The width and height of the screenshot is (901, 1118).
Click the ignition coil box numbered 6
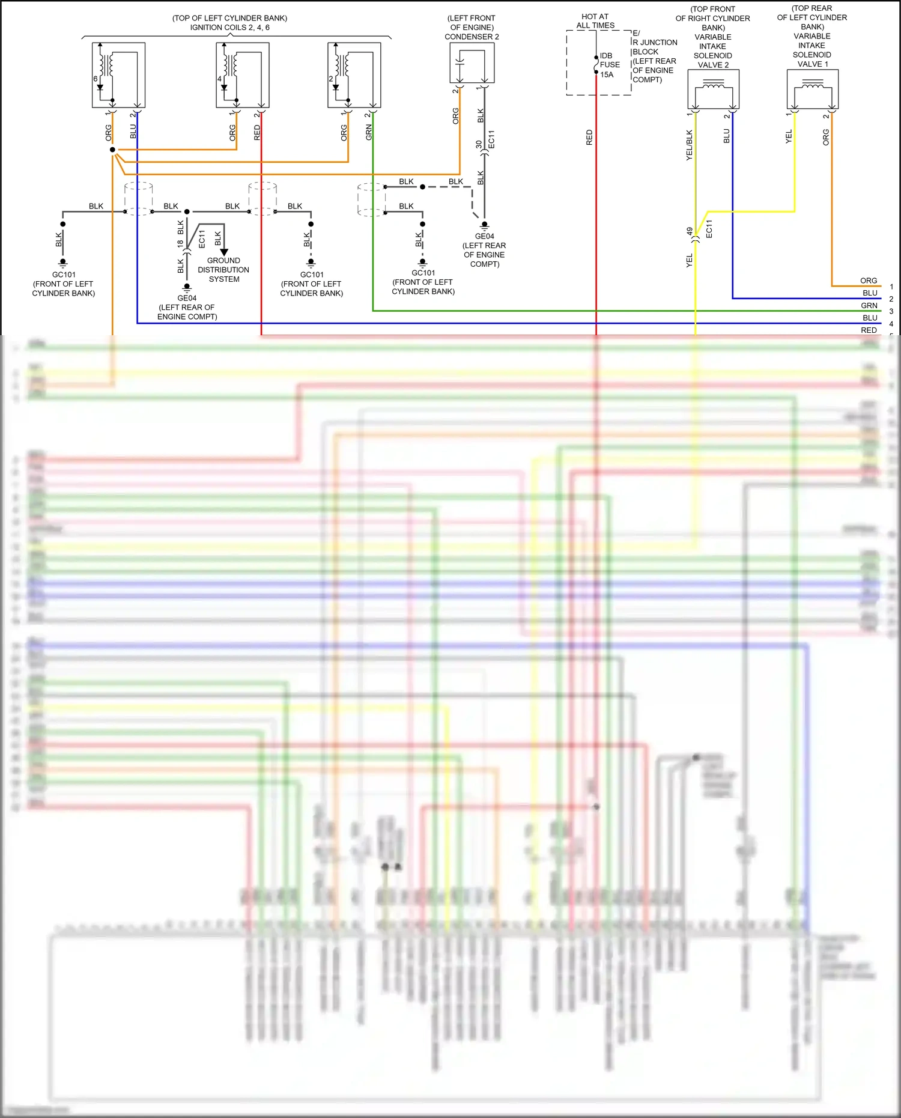point(118,75)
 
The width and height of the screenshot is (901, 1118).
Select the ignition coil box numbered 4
point(242,75)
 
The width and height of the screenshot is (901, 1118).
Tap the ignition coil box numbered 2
point(354,75)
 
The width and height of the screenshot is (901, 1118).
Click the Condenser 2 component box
point(472,63)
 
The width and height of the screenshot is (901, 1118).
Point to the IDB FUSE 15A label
point(609,65)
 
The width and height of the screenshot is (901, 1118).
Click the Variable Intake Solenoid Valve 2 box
point(713,89)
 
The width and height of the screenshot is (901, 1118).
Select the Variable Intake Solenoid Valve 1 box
point(812,89)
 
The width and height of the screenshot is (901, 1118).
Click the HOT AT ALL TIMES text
point(595,21)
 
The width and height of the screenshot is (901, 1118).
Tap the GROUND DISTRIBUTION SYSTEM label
point(223,270)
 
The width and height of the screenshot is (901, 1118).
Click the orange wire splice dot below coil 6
point(112,150)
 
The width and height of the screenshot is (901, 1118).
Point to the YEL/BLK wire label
point(689,145)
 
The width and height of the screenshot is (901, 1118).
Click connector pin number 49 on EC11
point(690,231)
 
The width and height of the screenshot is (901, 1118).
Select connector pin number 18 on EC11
point(180,244)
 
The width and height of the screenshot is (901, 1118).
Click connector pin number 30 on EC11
point(478,145)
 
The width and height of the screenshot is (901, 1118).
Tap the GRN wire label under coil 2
point(369,133)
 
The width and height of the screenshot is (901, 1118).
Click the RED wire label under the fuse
point(589,137)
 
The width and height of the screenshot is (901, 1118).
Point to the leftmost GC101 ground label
point(64,275)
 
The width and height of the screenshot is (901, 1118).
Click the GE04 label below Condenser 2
point(484,236)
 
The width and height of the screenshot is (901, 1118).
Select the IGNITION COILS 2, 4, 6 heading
point(230,27)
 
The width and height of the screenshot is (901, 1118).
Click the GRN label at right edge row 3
point(869,306)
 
